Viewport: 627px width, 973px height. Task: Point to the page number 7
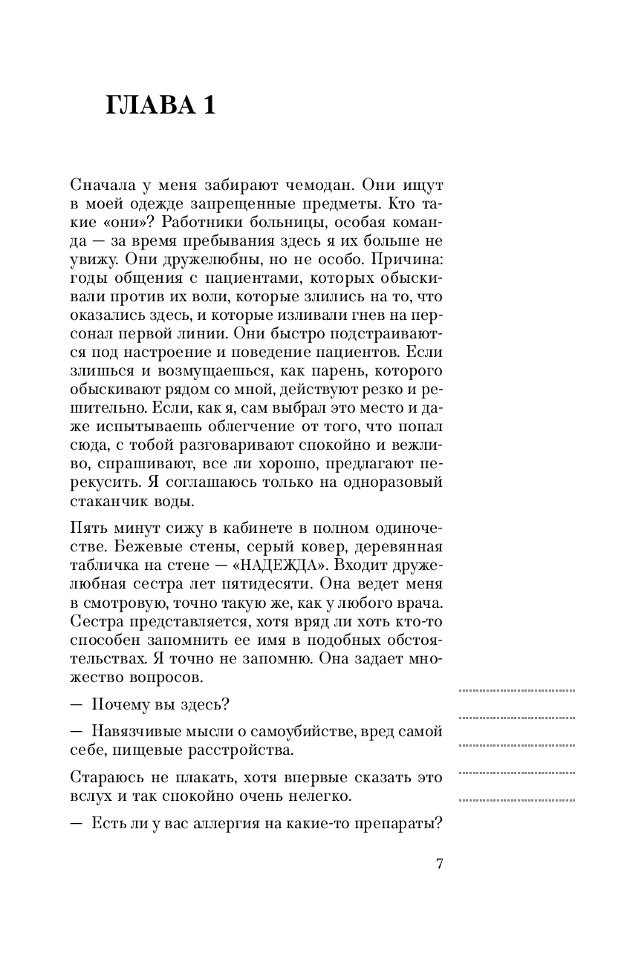[438, 863]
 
